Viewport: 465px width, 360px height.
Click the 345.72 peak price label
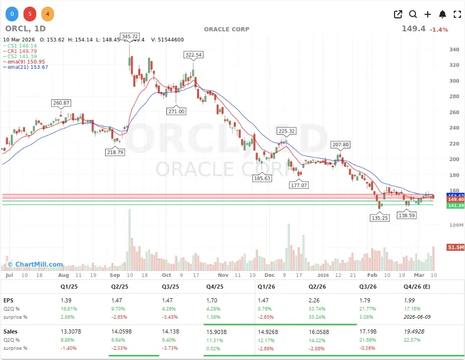(130, 37)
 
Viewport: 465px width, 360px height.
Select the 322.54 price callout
(193, 55)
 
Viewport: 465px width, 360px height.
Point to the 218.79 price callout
(114, 152)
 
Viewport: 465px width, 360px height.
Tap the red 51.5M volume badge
(455, 247)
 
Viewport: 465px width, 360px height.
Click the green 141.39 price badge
(455, 205)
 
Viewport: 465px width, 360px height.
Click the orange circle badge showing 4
(47, 14)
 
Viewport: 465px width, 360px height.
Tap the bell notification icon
(443, 14)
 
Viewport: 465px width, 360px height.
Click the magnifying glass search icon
(413, 14)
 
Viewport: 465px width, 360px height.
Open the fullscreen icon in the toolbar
(457, 14)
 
